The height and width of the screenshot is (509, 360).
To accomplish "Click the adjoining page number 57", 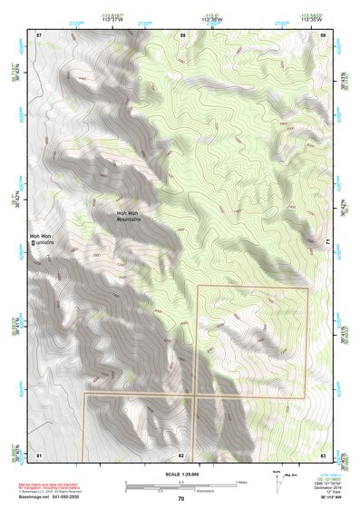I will [x=39, y=34].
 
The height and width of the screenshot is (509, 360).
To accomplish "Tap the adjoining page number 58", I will [x=183, y=34].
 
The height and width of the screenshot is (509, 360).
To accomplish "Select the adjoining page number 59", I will [x=324, y=34].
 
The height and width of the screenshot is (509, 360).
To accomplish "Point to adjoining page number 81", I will [x=39, y=454].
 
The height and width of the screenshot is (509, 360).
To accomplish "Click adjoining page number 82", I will [x=181, y=454].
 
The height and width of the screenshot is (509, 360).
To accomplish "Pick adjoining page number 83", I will [x=324, y=454].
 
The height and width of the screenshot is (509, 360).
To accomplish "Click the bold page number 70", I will [x=180, y=498].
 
